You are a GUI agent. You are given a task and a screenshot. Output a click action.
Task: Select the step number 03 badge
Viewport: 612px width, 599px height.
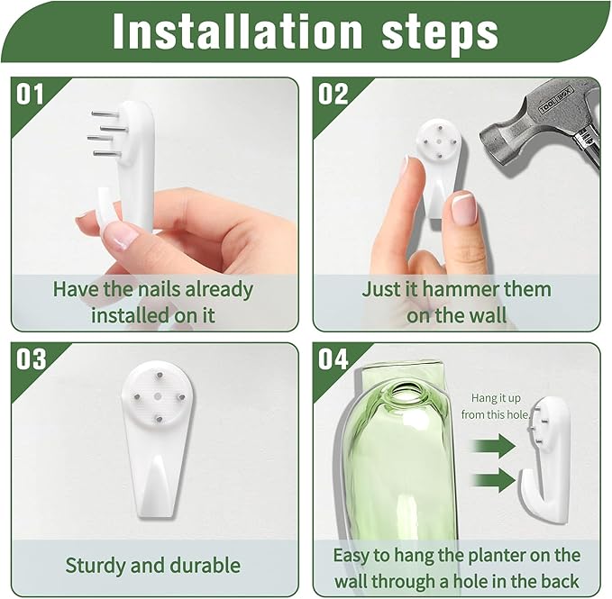(31, 359)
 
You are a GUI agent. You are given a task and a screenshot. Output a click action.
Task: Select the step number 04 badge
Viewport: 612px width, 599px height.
(333, 359)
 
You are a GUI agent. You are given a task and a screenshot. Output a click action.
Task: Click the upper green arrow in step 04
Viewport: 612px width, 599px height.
(494, 445)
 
